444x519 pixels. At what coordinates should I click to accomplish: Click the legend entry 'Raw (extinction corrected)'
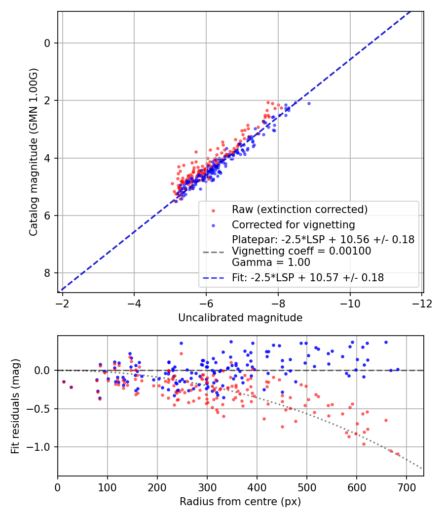pyautogui.click(x=299, y=210)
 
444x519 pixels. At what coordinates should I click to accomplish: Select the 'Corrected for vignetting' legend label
pyautogui.click(x=293, y=225)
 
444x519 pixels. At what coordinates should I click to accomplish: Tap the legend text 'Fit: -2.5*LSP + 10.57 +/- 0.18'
pyautogui.click(x=308, y=278)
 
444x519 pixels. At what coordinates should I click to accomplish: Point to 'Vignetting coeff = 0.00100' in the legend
pyautogui.click(x=301, y=251)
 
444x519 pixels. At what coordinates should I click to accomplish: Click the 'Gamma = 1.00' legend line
pyautogui.click(x=271, y=262)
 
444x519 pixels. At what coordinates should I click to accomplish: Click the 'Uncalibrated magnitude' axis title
pyautogui.click(x=240, y=318)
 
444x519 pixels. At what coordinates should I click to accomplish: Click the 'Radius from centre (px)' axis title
pyautogui.click(x=240, y=502)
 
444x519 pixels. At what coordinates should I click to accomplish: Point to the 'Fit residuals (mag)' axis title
pyautogui.click(x=15, y=406)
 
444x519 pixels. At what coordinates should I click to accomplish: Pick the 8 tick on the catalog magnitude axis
pyautogui.click(x=47, y=273)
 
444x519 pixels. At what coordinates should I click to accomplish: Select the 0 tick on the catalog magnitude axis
pyautogui.click(x=47, y=43)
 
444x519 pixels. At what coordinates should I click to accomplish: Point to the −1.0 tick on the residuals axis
pyautogui.click(x=41, y=447)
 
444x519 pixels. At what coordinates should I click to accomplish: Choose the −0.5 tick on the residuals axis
pyautogui.click(x=41, y=409)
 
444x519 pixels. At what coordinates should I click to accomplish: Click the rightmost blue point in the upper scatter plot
pyautogui.click(x=309, y=103)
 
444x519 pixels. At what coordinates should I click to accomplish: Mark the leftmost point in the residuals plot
pyautogui.click(x=64, y=382)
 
